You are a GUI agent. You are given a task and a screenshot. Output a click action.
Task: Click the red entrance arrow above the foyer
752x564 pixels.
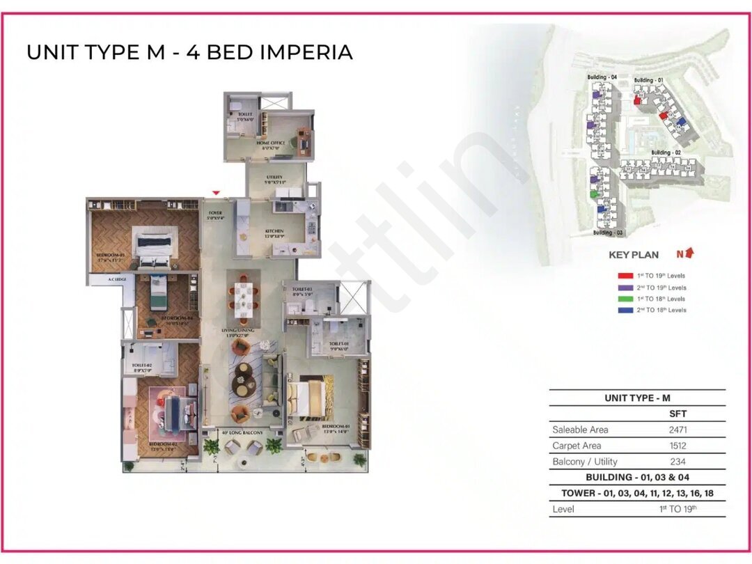(217, 193)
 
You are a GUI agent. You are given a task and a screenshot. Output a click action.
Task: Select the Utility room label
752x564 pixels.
(274, 178)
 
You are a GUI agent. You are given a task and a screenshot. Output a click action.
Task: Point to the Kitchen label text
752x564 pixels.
(274, 232)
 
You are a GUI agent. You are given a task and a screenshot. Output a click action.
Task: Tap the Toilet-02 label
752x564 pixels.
(141, 364)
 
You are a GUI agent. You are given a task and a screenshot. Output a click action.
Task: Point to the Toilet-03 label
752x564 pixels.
(302, 289)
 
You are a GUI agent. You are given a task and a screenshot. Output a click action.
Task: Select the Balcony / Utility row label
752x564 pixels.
(585, 462)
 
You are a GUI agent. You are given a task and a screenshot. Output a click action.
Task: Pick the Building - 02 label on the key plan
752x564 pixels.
(666, 152)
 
